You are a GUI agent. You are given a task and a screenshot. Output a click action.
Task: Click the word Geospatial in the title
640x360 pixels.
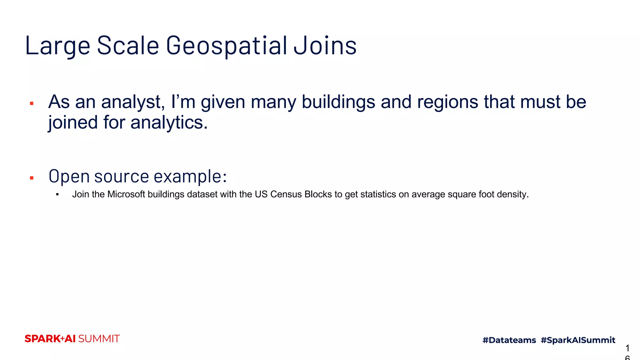[227, 46]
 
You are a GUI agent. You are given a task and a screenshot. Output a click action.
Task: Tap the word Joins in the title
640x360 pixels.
[325, 46]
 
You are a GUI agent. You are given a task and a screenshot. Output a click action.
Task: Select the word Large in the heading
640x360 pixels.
[57, 46]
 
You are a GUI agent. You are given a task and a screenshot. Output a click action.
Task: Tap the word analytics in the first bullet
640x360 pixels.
[169, 122]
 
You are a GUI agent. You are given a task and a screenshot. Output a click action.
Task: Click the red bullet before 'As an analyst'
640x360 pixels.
[32, 103]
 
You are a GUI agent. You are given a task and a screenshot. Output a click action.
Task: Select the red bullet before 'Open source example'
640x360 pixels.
[32, 178]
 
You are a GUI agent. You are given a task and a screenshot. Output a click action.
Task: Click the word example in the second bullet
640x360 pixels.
[190, 176]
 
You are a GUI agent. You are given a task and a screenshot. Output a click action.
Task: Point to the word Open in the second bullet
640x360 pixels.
[69, 176]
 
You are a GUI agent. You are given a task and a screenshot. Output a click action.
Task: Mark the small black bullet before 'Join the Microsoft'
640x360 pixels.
[57, 195]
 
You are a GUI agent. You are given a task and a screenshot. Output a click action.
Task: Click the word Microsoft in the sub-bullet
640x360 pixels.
[126, 194]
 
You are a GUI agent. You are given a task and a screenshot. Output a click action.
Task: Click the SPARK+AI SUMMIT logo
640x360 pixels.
[72, 339]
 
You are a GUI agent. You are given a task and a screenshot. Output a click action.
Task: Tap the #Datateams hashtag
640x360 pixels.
[509, 340]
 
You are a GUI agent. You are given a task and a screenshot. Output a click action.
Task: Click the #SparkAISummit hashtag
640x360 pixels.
[578, 340]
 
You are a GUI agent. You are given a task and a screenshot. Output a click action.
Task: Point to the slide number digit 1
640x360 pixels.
[627, 348]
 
